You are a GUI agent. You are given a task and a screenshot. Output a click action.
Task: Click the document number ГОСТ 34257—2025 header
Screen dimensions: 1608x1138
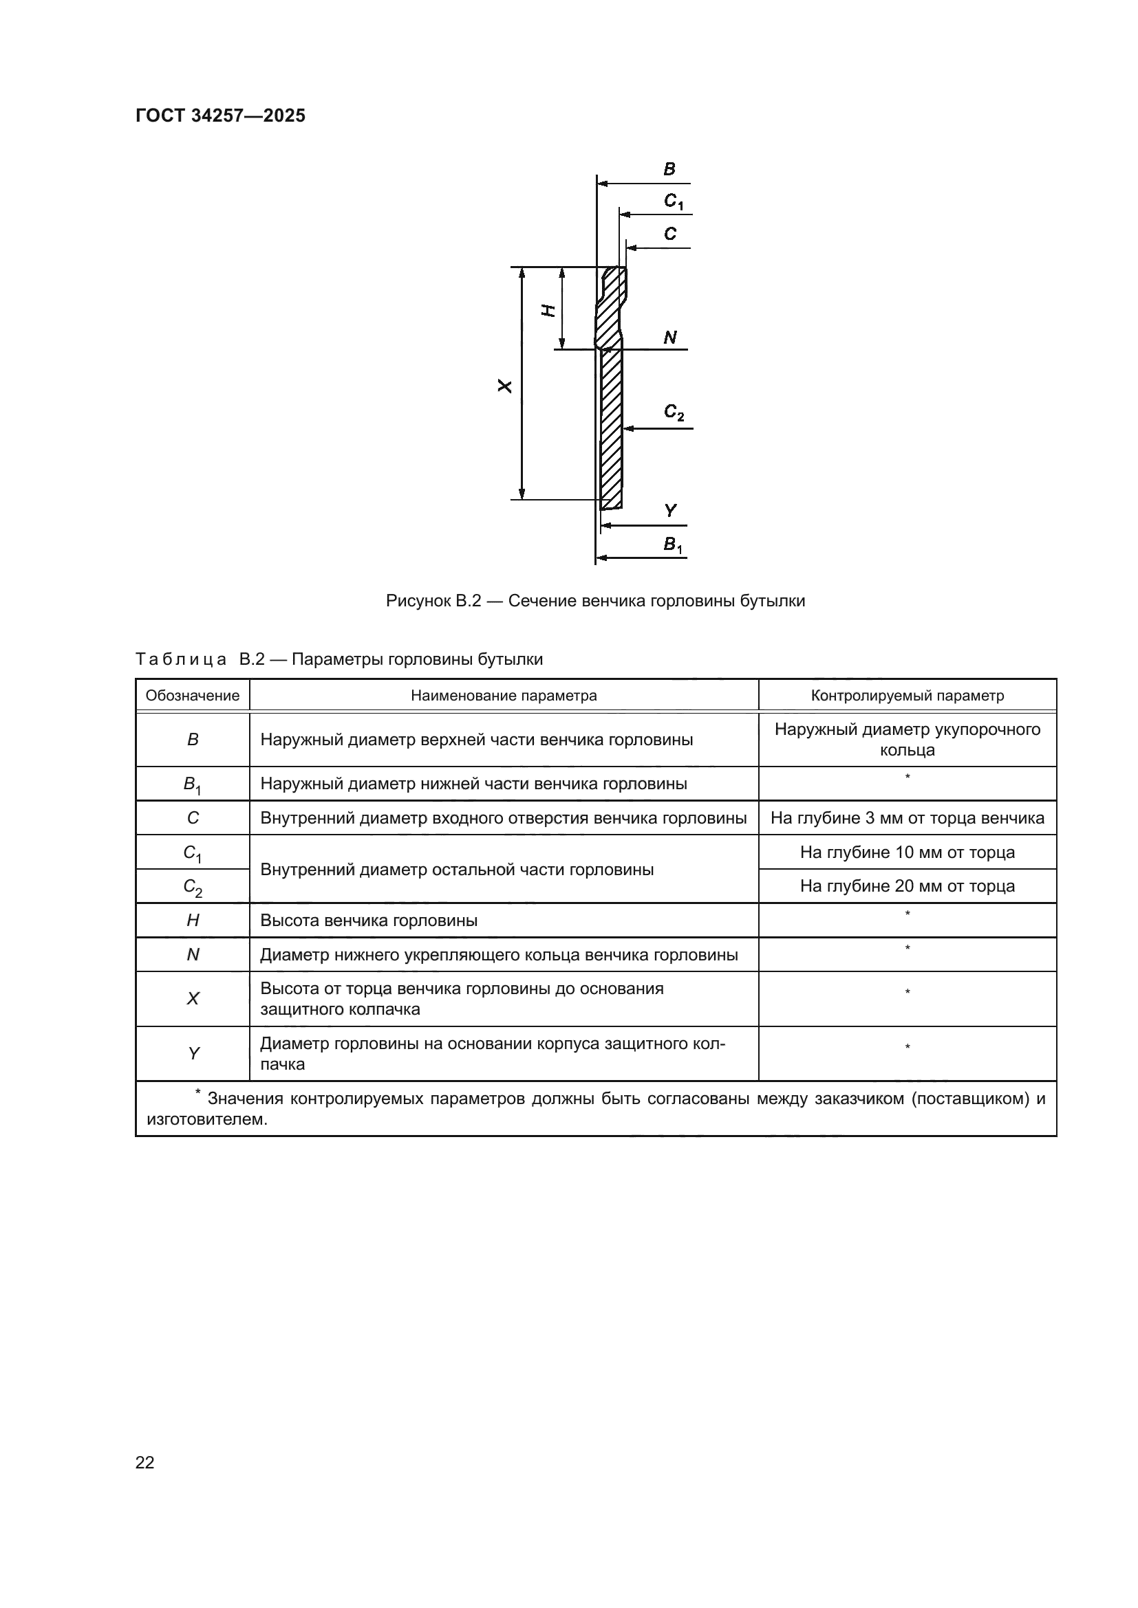pos(220,115)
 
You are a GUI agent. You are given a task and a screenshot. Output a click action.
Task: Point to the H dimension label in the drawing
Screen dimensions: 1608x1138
pos(549,310)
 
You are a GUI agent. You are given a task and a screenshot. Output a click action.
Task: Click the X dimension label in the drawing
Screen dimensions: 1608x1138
pos(504,386)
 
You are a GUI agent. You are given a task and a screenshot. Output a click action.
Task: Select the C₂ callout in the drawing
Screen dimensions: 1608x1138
pos(674,412)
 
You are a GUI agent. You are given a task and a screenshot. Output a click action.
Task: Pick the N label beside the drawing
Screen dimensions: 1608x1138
pos(670,338)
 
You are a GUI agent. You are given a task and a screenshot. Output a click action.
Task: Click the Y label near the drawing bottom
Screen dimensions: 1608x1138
pos(671,511)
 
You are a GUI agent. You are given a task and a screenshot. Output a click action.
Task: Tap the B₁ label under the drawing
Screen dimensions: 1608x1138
pos(673,545)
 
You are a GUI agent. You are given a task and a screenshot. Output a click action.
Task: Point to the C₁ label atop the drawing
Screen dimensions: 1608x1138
pos(673,201)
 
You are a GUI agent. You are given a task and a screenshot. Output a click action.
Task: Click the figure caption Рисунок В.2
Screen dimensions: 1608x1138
pos(595,601)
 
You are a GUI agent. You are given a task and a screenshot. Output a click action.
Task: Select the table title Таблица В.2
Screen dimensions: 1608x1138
pos(339,659)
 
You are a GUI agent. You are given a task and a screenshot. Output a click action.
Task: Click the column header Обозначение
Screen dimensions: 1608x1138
pos(193,696)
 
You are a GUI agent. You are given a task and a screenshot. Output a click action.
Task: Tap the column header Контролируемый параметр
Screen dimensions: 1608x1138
pos(907,696)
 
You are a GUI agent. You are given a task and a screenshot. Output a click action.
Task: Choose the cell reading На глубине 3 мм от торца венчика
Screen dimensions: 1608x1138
pos(907,818)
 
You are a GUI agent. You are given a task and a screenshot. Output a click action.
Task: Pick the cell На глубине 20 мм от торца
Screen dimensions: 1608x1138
pos(907,886)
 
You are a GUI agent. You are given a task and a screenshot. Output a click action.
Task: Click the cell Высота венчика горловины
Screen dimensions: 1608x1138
pos(369,921)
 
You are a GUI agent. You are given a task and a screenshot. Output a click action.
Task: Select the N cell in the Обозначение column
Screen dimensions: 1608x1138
pos(193,955)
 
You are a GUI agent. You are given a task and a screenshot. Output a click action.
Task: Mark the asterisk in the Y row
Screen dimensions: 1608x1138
pos(908,1047)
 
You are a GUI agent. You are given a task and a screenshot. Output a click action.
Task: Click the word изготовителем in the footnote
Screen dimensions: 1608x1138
pos(206,1119)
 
